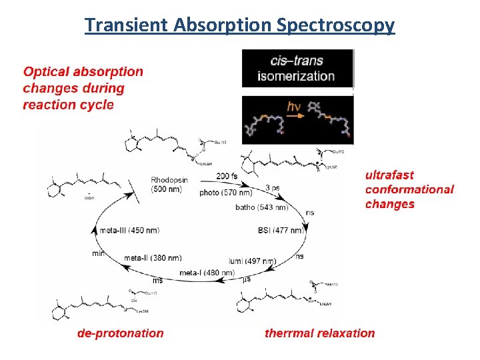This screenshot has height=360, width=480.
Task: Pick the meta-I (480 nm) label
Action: click(x=206, y=272)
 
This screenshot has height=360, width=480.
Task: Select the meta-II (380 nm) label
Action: click(x=153, y=258)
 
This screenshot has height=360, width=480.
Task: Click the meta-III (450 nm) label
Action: click(x=129, y=231)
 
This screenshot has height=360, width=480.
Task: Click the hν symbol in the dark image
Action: click(x=295, y=107)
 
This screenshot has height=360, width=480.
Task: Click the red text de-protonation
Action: click(x=121, y=333)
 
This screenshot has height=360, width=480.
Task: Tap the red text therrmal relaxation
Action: click(x=319, y=333)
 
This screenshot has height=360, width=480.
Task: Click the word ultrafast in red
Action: click(x=389, y=175)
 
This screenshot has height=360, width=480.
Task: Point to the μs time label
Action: click(x=247, y=279)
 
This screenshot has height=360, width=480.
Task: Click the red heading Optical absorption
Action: click(x=83, y=71)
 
